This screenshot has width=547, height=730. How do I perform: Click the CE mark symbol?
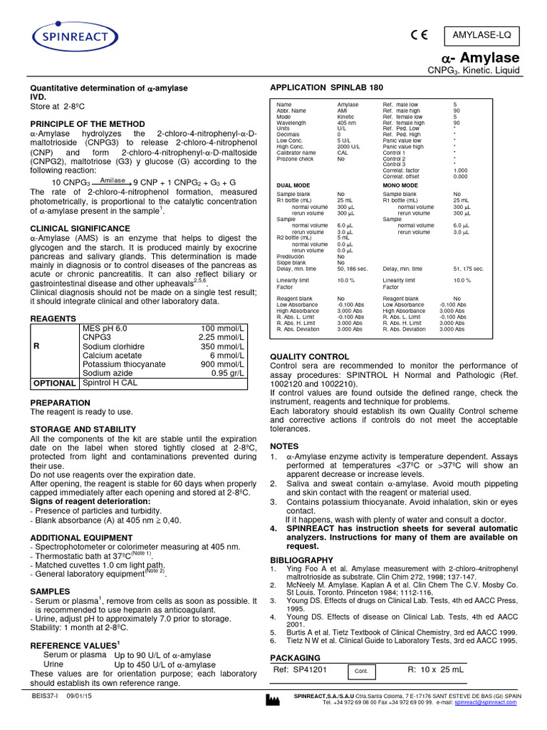(420, 35)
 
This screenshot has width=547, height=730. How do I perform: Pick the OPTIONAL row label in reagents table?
(55, 383)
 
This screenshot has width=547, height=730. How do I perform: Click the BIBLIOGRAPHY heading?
(302, 560)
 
